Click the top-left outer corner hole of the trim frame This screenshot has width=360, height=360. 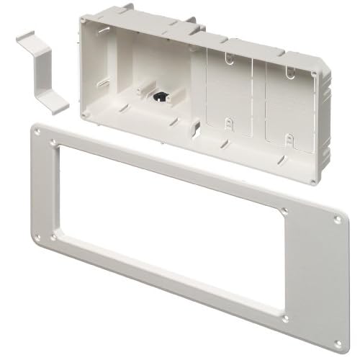(53, 144)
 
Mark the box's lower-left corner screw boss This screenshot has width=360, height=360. (84, 114)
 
